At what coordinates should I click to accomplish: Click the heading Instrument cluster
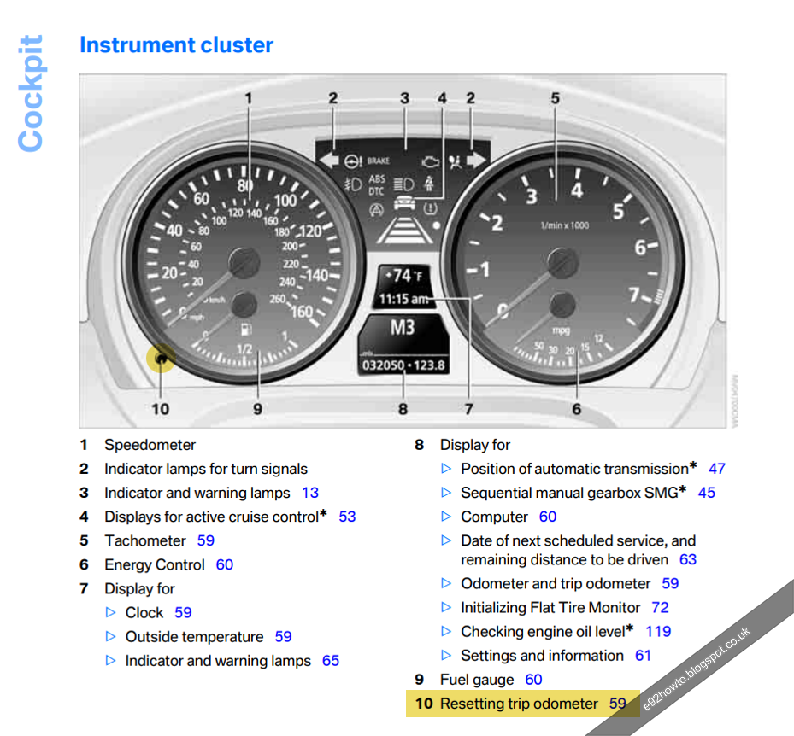coord(176,45)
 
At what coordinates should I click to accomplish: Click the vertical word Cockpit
coord(31,93)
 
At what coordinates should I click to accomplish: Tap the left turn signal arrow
coord(328,160)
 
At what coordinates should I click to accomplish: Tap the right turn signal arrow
coord(475,160)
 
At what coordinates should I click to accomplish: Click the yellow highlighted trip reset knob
coord(160,358)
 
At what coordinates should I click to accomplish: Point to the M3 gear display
coord(403,328)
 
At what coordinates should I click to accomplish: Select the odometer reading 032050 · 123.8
coord(403,365)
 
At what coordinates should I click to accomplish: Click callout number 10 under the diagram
coord(160,409)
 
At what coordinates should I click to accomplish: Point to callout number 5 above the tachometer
coord(555,99)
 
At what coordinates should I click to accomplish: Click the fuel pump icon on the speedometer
coord(246,328)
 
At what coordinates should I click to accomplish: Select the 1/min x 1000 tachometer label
coord(564,225)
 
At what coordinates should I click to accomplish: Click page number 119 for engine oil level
coord(658,631)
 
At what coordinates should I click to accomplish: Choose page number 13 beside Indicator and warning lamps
coord(310,493)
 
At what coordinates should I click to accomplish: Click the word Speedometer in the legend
coord(150,445)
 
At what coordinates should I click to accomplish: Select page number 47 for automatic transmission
coord(716,469)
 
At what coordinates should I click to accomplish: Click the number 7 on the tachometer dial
coord(634,296)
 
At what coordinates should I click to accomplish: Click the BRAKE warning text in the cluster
coord(378,161)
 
